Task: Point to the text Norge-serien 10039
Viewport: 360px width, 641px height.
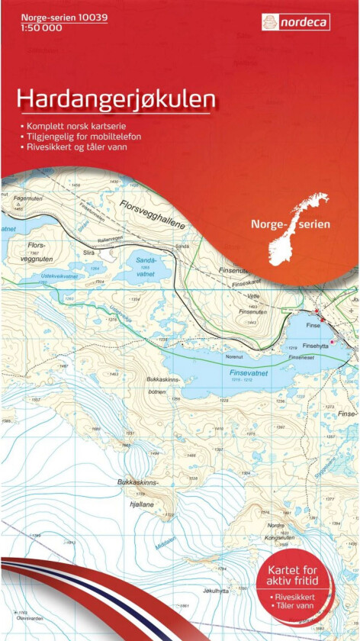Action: [x=53, y=15]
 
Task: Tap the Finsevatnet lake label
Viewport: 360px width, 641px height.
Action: [x=249, y=372]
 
